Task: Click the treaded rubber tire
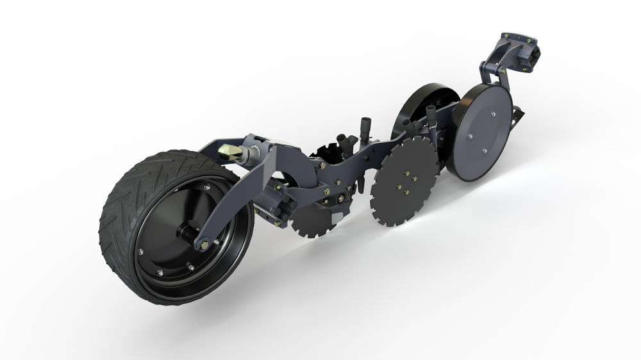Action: point(119,192)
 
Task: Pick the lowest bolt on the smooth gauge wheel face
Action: point(482,152)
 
